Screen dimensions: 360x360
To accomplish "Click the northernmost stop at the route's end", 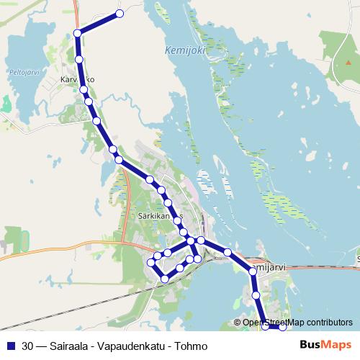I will click(120, 14).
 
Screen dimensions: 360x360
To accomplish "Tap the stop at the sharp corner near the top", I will click(77, 32).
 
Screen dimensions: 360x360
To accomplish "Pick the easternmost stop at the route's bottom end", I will click(282, 328).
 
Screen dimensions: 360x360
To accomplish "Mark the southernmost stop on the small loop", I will click(165, 279).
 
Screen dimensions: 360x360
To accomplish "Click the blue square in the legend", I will click(11, 346).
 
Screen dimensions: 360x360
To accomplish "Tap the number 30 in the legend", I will click(27, 346).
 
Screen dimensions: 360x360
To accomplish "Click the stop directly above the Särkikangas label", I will click(168, 202).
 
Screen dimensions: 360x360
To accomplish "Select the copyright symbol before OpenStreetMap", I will click(238, 323).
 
